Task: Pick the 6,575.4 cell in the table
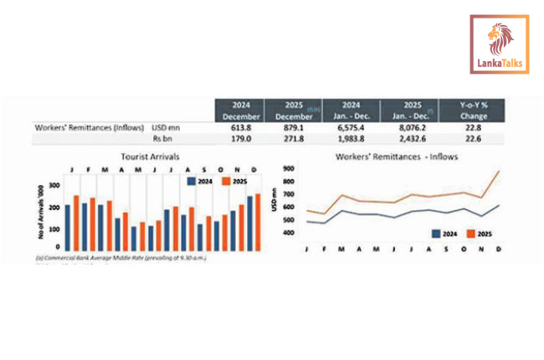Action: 353,128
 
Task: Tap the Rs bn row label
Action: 162,139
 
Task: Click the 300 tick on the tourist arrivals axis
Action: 54,185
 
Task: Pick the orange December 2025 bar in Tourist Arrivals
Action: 257,221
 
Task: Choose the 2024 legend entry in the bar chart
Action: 198,180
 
